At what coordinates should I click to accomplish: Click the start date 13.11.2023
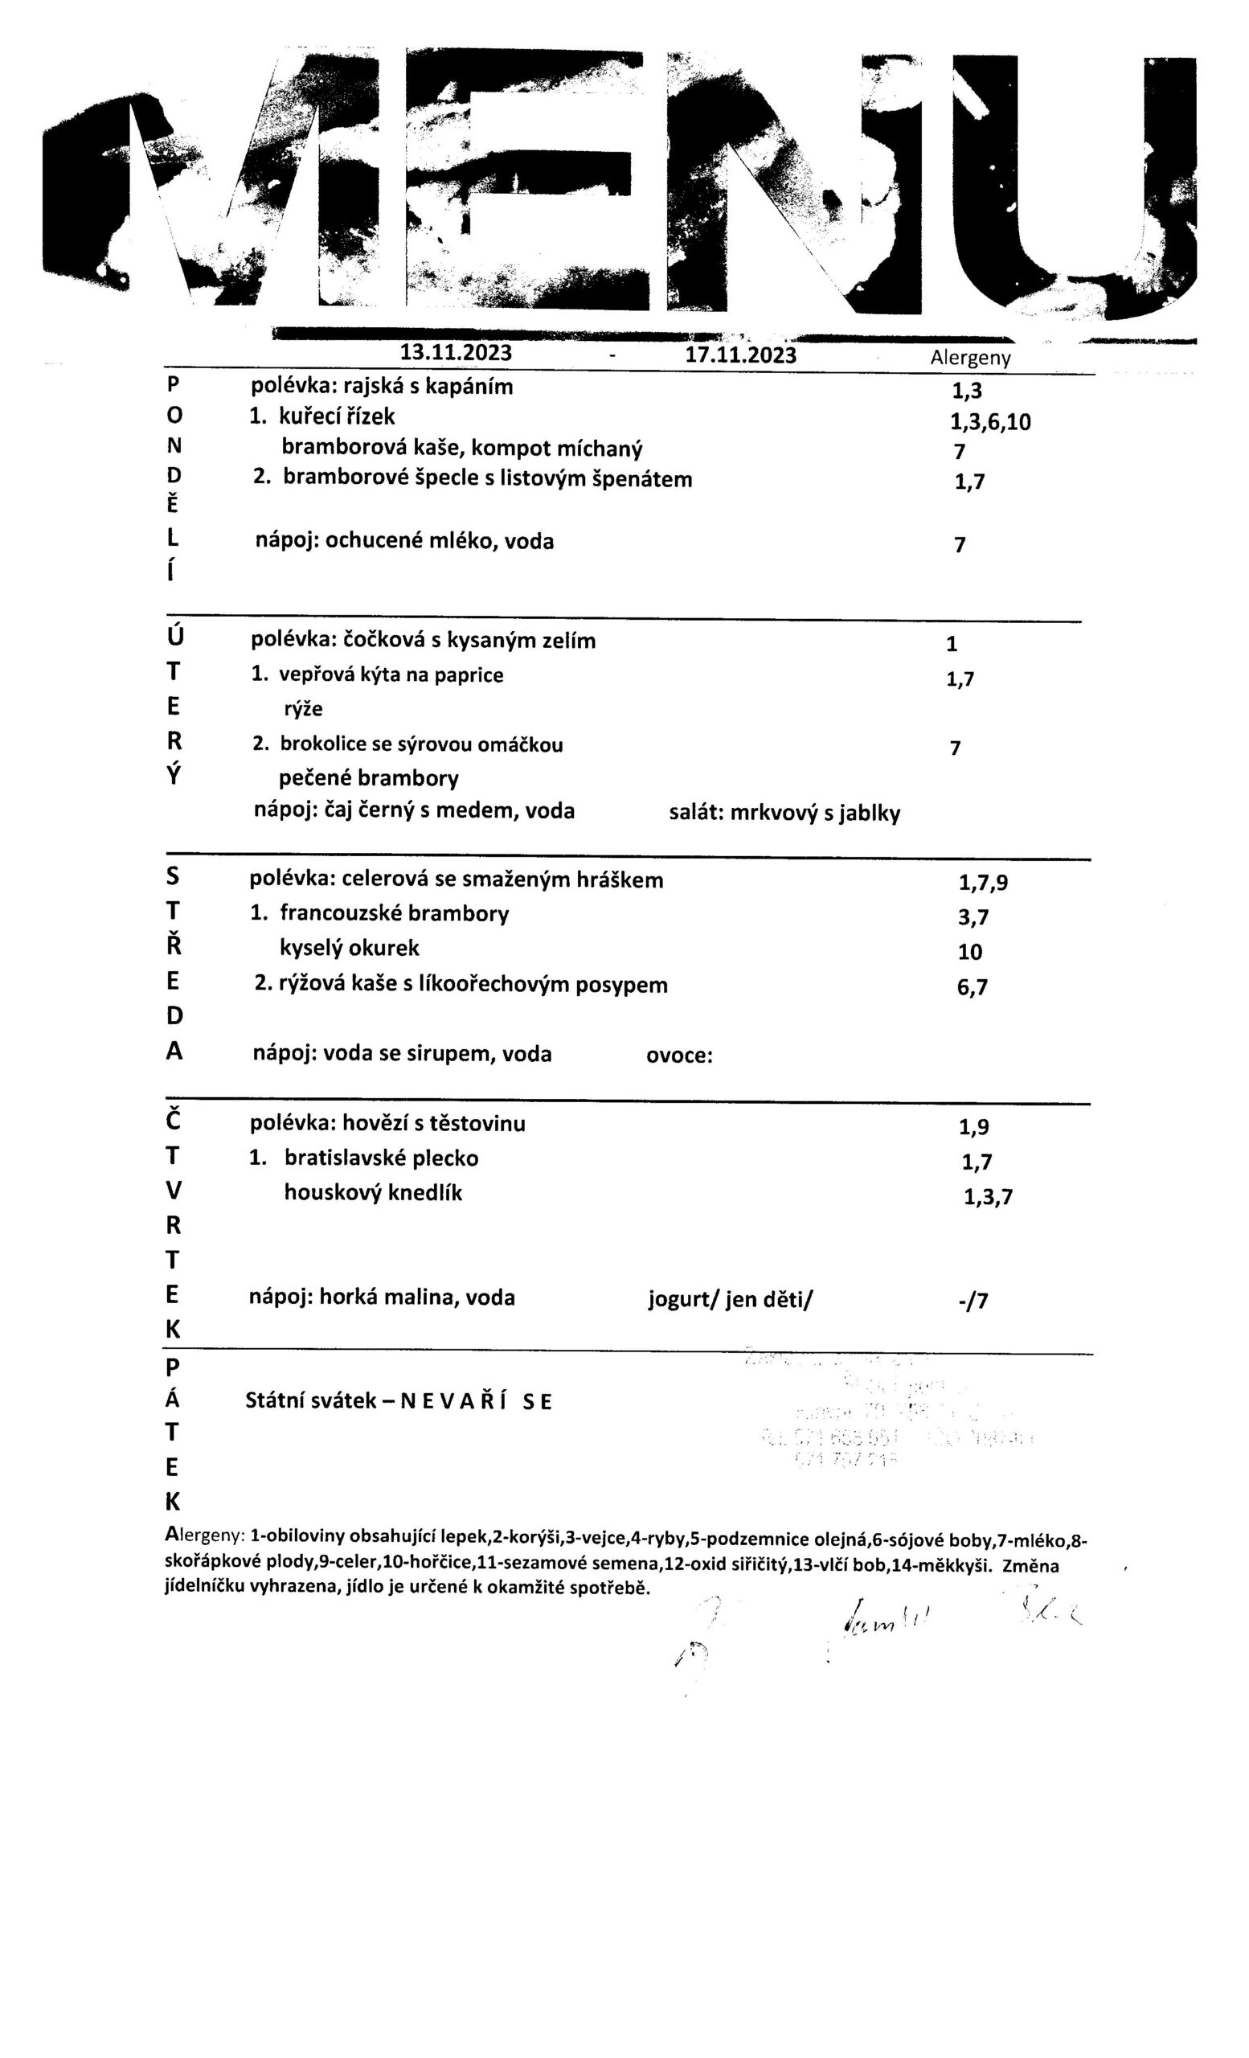coord(455,351)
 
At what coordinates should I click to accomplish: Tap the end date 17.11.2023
coord(739,355)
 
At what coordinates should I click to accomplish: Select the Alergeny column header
coord(969,359)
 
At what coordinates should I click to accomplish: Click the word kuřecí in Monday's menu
coord(313,416)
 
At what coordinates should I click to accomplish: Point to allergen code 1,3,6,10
coord(985,422)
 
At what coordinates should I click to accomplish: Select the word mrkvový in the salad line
coord(773,813)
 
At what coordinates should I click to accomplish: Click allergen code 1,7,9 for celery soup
coord(983,882)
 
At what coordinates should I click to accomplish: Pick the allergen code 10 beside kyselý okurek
coord(970,951)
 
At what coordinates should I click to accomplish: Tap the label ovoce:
coord(679,1055)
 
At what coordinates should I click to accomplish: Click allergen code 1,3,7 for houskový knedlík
coord(988,1197)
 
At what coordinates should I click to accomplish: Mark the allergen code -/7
coord(973,1302)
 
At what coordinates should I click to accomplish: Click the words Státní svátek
coord(309,1400)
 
